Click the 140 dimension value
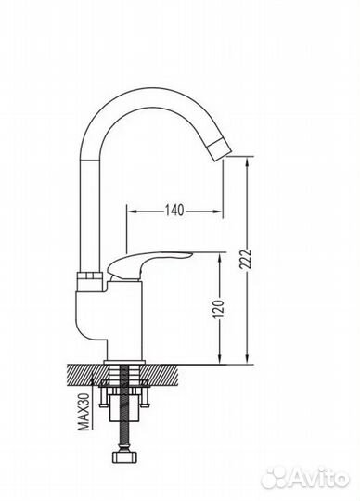coord(174,211)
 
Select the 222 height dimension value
coord(246,260)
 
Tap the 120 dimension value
coord(219,309)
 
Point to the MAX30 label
coord(84,412)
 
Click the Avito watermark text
coord(320,478)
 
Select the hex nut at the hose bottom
coord(125,456)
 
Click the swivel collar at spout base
coord(90,281)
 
